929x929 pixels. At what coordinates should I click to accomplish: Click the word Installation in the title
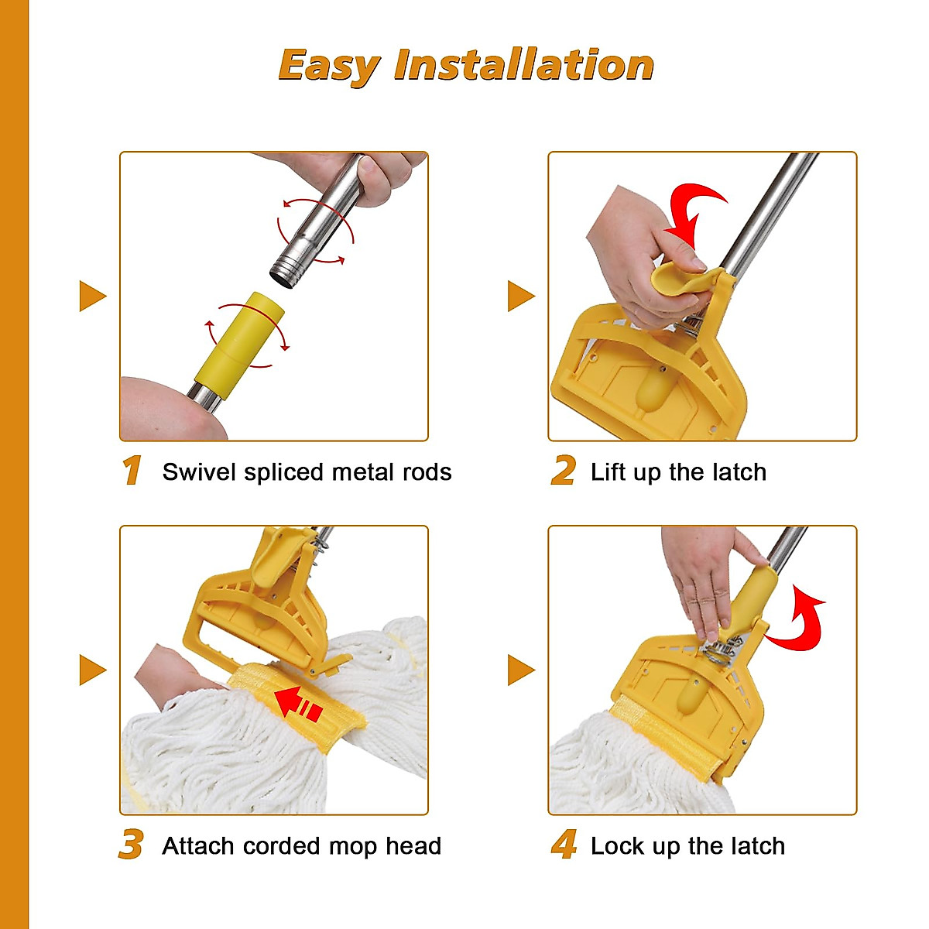click(523, 65)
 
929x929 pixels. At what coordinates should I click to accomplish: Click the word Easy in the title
click(328, 65)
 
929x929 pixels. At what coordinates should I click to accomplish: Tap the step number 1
click(132, 471)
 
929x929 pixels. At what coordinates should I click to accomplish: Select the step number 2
click(563, 471)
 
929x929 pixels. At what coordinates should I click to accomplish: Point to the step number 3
click(131, 845)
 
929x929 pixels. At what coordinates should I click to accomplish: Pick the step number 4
click(564, 845)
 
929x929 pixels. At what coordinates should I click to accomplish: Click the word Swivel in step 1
click(199, 471)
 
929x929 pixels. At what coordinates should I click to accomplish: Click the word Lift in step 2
click(608, 471)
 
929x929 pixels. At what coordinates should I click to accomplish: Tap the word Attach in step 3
click(198, 845)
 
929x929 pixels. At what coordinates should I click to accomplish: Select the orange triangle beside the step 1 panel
click(91, 296)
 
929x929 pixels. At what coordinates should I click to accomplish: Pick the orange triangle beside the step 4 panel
click(520, 670)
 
